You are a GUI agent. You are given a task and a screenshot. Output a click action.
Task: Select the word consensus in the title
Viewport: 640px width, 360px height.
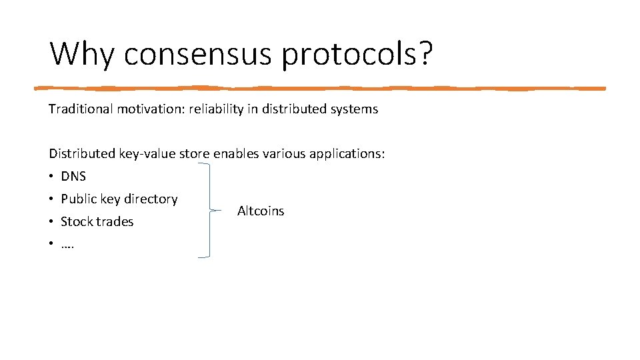point(199,53)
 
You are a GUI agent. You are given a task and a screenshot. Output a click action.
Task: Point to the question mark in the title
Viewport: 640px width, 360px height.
point(425,53)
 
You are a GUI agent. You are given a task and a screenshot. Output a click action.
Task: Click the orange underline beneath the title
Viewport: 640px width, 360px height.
point(320,88)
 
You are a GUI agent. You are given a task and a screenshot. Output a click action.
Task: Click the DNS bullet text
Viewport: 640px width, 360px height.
point(73,177)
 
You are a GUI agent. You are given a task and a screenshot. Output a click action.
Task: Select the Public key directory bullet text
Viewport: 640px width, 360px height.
point(119,199)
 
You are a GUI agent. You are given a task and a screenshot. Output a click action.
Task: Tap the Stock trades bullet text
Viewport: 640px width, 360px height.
point(97,221)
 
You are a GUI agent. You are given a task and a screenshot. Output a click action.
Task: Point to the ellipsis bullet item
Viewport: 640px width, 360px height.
point(67,244)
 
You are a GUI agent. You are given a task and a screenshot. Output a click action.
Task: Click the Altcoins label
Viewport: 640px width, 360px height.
point(261,211)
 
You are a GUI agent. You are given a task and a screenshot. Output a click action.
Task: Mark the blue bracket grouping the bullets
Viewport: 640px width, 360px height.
point(209,210)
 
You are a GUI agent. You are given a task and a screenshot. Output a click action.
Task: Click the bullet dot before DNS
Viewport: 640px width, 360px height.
point(51,177)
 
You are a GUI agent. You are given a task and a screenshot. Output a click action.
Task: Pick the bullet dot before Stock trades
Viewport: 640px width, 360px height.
point(51,221)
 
